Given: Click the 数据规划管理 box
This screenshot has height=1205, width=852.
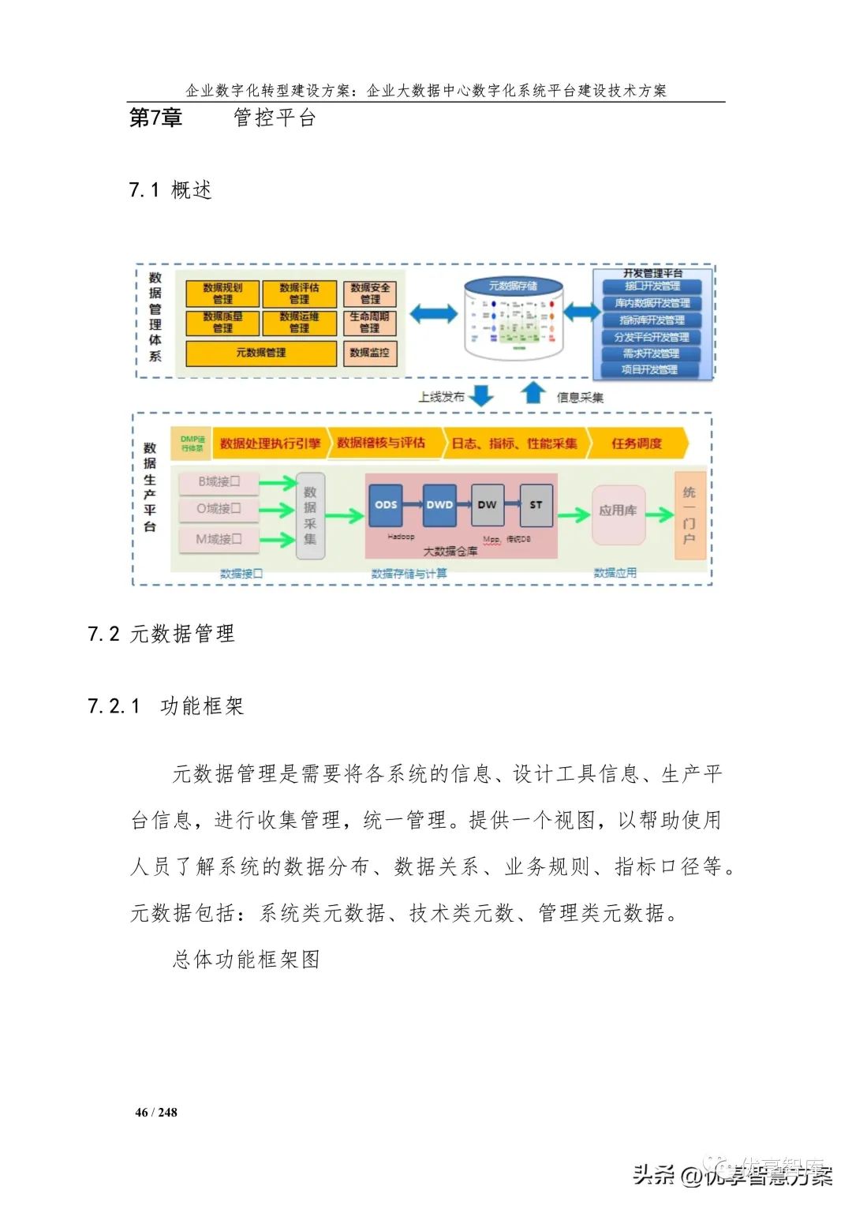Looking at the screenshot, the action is [222, 294].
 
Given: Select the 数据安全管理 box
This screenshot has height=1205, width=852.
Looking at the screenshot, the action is [370, 294].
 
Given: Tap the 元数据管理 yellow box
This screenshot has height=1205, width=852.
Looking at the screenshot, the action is [261, 353].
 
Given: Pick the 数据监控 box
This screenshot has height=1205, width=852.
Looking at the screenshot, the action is [370, 353].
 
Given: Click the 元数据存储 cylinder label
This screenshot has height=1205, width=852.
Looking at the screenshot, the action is [513, 286].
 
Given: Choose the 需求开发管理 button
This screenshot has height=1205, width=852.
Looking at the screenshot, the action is [651, 354].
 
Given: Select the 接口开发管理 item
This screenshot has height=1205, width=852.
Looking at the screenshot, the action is [652, 286].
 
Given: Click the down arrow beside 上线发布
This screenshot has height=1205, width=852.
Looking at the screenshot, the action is [481, 395].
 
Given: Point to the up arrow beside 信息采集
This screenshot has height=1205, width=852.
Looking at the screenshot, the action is [534, 392].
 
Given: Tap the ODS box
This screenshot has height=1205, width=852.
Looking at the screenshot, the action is [386, 505].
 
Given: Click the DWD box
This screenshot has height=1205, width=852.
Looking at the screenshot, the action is [439, 505].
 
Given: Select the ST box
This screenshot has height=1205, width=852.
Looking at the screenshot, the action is [536, 505].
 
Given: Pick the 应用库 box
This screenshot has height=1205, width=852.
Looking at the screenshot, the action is [618, 511].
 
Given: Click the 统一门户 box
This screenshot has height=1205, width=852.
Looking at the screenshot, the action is [689, 515].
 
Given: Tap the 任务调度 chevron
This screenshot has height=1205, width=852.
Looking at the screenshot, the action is [637, 443].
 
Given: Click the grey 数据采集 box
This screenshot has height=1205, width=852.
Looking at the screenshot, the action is [310, 515].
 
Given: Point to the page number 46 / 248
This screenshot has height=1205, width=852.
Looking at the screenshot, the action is [156, 1113].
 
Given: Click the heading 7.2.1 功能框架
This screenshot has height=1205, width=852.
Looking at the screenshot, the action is [166, 705].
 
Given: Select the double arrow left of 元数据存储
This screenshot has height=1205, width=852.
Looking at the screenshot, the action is [433, 314].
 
